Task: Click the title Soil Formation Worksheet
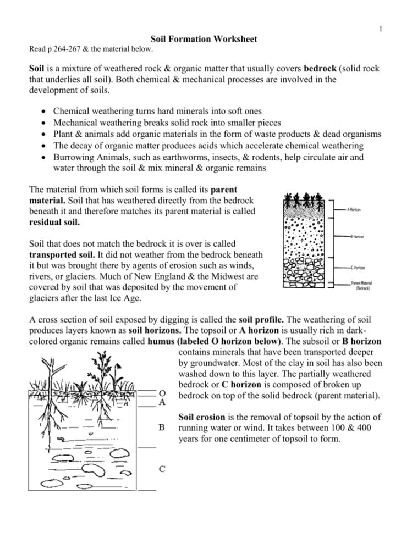(204, 40)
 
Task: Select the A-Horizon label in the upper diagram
(354, 210)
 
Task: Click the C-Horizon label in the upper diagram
(358, 268)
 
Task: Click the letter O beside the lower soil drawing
(162, 393)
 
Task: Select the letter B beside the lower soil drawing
(162, 427)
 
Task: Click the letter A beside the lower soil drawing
(162, 402)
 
